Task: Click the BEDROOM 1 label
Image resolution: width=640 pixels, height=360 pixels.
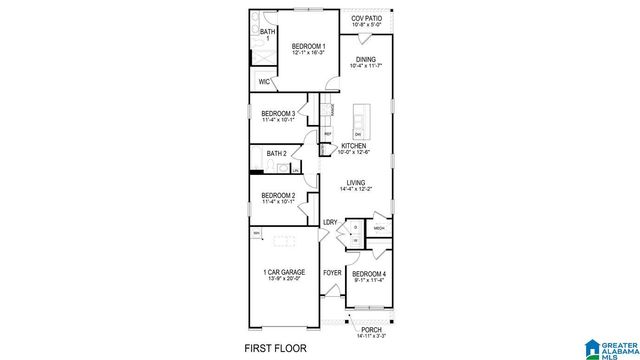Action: [x=308, y=46]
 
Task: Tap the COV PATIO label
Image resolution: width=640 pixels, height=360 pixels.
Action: [x=365, y=19]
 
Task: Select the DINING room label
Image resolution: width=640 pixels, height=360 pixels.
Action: [x=365, y=59]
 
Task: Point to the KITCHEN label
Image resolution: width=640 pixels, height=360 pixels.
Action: [x=354, y=145]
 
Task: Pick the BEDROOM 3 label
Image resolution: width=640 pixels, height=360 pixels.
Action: [x=278, y=114]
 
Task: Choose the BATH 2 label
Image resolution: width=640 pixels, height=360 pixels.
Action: [x=276, y=153]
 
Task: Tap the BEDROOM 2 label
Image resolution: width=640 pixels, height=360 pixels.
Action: [x=278, y=195]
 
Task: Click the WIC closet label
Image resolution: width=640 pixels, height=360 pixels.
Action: [x=264, y=82]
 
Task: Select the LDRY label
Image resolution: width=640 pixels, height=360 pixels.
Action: [x=329, y=222]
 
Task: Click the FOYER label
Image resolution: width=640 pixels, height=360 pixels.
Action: [x=332, y=273]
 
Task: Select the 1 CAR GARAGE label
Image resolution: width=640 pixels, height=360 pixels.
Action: [x=283, y=273]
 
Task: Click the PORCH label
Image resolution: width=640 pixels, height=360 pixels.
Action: [x=371, y=330]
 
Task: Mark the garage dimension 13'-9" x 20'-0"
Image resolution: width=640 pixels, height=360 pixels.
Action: [x=283, y=279]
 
